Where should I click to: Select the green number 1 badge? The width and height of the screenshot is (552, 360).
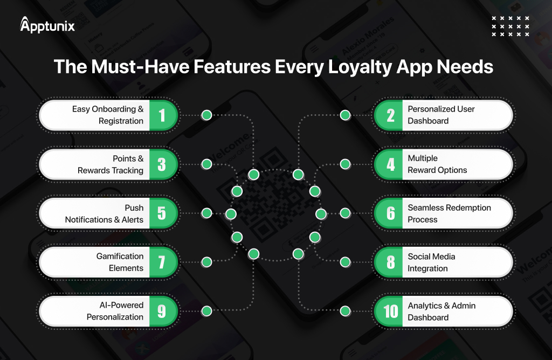pyautogui.click(x=162, y=115)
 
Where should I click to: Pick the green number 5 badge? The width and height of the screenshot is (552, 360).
pyautogui.click(x=162, y=213)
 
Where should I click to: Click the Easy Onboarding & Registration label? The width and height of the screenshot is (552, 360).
pyautogui.click(x=108, y=115)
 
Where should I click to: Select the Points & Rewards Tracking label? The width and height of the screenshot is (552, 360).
pyautogui.click(x=111, y=164)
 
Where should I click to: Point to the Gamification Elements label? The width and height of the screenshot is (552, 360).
pyautogui.click(x=120, y=262)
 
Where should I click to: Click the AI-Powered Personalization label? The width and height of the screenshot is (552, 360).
pyautogui.click(x=115, y=311)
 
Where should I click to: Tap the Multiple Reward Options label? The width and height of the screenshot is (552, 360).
pyautogui.click(x=437, y=164)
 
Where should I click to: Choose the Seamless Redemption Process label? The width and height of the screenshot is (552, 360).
pyautogui.click(x=449, y=213)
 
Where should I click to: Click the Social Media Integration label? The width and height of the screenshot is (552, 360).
pyautogui.click(x=431, y=262)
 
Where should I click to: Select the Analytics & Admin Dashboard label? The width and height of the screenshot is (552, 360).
pyautogui.click(x=440, y=311)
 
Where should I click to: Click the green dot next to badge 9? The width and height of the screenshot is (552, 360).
pyautogui.click(x=206, y=311)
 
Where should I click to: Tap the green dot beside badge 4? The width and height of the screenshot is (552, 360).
pyautogui.click(x=345, y=164)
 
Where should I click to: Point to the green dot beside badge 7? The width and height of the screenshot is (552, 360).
pyautogui.click(x=206, y=262)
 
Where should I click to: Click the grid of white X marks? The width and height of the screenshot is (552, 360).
pyautogui.click(x=510, y=26)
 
